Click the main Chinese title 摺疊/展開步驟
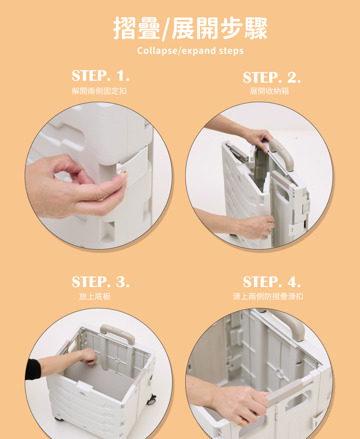(190, 29)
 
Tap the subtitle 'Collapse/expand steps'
(190, 51)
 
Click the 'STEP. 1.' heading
(101, 75)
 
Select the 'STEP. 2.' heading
(271, 77)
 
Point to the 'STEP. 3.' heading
(101, 282)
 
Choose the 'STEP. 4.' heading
(271, 282)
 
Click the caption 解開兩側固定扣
(99, 91)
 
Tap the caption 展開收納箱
(269, 91)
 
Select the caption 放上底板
(95, 296)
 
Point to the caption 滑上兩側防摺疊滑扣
(268, 296)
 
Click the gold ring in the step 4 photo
(240, 422)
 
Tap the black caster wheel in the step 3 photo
(151, 400)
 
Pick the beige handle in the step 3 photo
(117, 333)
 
